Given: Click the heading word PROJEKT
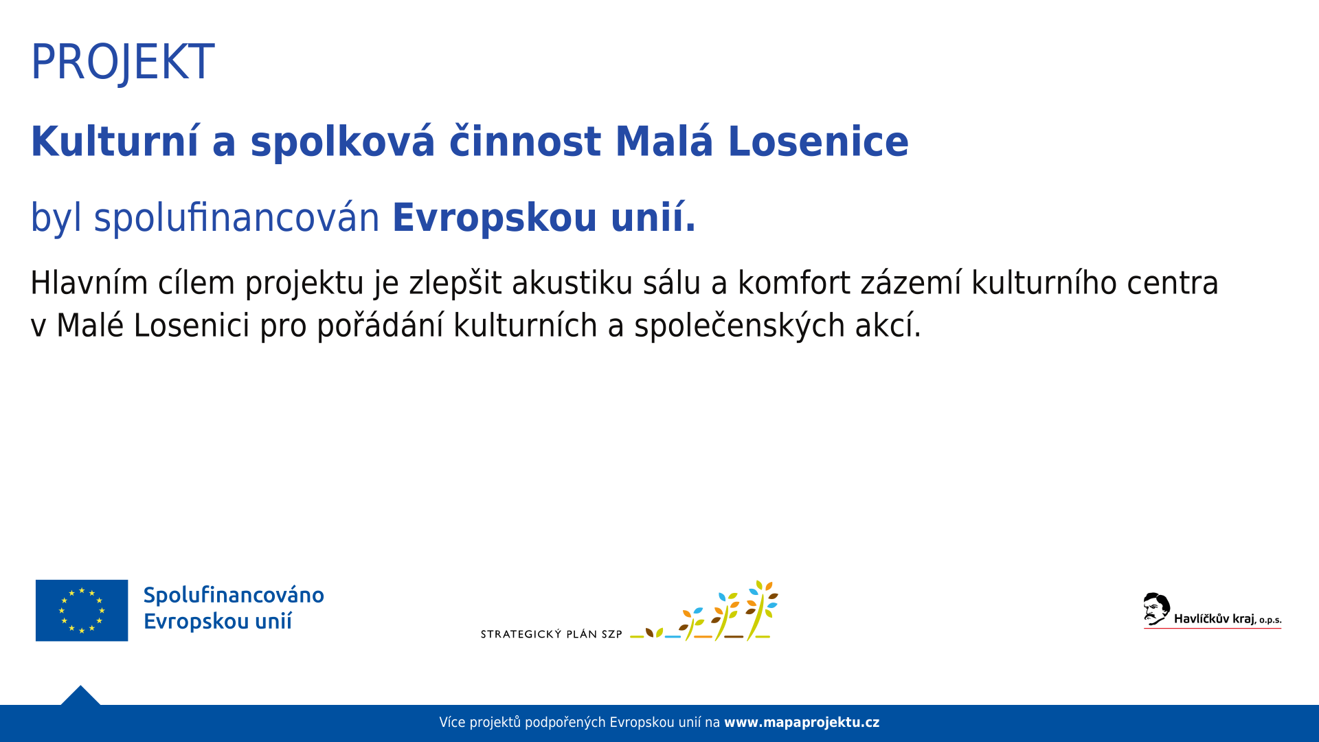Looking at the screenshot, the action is point(123,63).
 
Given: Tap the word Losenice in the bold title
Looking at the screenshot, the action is point(818,142).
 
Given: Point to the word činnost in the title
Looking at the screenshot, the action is point(525,142).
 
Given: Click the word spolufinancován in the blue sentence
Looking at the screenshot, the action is point(236,218).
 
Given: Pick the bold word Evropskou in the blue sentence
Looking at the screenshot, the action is point(495,219).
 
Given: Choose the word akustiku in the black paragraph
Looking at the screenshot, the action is point(572,283).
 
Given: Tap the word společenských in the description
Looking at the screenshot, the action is point(740,326).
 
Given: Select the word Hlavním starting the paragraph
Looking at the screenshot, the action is point(89,283).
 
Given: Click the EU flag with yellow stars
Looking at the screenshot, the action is point(82,610).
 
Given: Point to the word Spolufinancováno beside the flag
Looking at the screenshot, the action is point(234,595).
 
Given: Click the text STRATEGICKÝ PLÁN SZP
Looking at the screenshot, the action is point(552,634).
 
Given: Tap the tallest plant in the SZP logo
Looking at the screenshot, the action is point(762,609).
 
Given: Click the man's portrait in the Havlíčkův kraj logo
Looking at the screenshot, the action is point(1156,609).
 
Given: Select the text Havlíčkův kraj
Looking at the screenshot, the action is point(1215,619).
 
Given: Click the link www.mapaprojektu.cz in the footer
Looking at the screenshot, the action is point(802,723).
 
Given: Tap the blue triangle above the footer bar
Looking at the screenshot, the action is point(80,697).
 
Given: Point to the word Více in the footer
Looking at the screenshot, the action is point(452,723).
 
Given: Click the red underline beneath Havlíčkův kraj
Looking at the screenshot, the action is point(1213,628).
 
